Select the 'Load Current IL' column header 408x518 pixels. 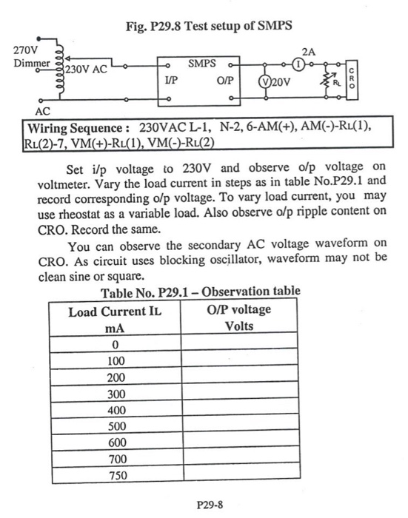click(114, 311)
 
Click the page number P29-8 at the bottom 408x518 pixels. click(210, 507)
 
